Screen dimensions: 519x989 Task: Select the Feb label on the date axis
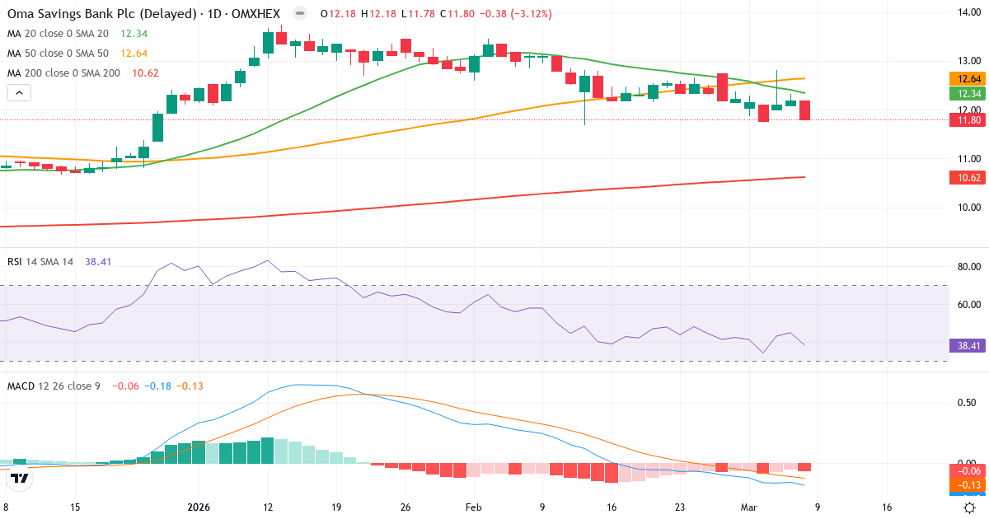(x=474, y=508)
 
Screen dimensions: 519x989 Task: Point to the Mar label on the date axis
(x=748, y=508)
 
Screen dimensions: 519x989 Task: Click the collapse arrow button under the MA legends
(x=18, y=92)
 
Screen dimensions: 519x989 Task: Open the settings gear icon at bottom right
(x=971, y=508)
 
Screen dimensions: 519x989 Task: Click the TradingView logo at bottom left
(x=19, y=477)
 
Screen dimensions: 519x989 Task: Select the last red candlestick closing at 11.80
(x=804, y=110)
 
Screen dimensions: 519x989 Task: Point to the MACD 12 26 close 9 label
(x=54, y=386)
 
